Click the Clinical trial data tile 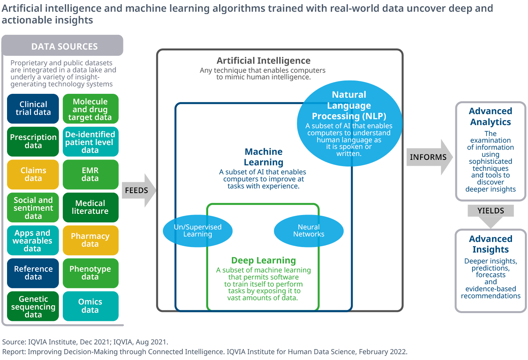(33, 109)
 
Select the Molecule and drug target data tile (90, 109)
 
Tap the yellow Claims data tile (33, 174)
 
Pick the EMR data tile (90, 174)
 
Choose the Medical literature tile (90, 207)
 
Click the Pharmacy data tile (90, 240)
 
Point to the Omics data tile (90, 306)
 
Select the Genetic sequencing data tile (33, 306)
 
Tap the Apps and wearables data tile (33, 240)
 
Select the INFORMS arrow (429, 157)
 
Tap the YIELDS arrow (491, 213)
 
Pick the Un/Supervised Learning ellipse (198, 231)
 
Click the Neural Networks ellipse (309, 231)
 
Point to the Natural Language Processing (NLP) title (349, 106)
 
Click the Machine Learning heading (264, 157)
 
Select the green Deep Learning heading (264, 260)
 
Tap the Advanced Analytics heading (491, 116)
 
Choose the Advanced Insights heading (491, 244)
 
